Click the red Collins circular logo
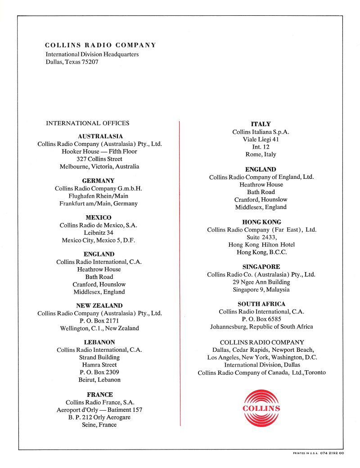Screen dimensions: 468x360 (x=261, y=409)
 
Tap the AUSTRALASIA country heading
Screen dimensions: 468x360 (x=100, y=136)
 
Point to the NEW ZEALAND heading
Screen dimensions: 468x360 (x=99, y=305)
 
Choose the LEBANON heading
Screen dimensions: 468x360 (x=99, y=342)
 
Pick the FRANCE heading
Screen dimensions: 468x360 (x=99, y=395)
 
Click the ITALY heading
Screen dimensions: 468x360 (x=261, y=124)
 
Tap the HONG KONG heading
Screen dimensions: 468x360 (x=261, y=222)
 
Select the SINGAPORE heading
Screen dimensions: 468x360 (x=261, y=267)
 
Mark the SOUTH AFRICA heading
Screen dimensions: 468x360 (x=261, y=304)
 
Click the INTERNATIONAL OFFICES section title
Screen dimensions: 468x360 (x=87, y=123)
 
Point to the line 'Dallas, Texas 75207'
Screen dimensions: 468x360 (x=72, y=62)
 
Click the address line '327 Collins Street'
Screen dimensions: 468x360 (x=99, y=159)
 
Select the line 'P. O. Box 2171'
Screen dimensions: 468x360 (x=99, y=321)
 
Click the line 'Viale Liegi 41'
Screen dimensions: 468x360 (x=261, y=140)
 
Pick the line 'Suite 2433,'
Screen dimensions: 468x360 (x=261, y=237)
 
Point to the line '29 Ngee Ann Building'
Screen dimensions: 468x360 (x=261, y=282)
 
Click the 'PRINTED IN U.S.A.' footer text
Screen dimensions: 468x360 (x=305, y=453)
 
